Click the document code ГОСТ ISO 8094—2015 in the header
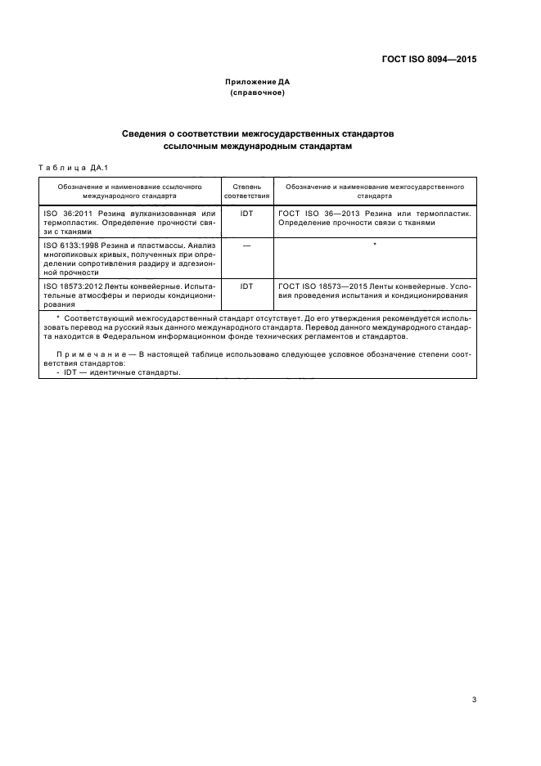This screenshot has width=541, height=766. (x=429, y=60)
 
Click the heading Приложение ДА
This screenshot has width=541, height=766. (x=258, y=82)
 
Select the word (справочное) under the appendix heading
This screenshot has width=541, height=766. (x=258, y=92)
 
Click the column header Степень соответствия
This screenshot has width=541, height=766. (x=246, y=191)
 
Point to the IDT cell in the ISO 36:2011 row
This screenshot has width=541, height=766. (x=246, y=213)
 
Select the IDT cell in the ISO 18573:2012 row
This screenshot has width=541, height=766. (x=246, y=286)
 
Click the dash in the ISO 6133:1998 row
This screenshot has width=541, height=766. (x=246, y=245)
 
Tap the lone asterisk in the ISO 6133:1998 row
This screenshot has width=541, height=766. (x=374, y=246)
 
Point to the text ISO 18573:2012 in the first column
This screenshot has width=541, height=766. (x=70, y=286)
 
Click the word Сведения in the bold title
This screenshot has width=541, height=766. (x=148, y=132)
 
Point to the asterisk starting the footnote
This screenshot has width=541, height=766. (x=57, y=316)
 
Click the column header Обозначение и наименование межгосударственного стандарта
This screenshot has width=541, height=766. (x=374, y=191)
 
